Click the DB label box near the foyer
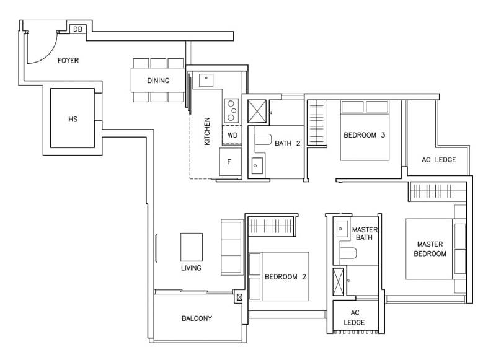[77, 29]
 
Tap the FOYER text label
[68, 60]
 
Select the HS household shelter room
[73, 118]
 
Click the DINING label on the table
[158, 81]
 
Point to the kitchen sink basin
[206, 81]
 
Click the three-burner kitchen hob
[231, 111]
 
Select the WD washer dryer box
[232, 135]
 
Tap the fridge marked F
[230, 162]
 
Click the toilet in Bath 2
[263, 139]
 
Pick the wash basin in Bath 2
[257, 165]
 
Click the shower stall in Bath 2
[257, 111]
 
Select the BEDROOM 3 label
[365, 135]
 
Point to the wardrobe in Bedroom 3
[317, 123]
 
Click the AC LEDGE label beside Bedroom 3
[439, 160]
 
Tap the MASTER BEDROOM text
[430, 248]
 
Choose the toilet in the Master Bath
[348, 253]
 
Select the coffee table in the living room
[192, 247]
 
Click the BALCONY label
[197, 318]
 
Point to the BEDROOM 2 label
[285, 277]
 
